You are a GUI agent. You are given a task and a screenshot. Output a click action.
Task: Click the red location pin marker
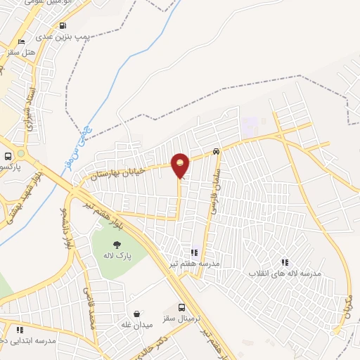point(180,165)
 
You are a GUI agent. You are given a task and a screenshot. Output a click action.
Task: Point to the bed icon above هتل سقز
point(25,41)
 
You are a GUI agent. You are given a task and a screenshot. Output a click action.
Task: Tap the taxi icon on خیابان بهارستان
point(216,151)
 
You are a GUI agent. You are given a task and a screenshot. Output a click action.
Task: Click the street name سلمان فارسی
point(214,191)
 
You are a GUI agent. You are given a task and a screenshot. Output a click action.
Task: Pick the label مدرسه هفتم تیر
point(193,262)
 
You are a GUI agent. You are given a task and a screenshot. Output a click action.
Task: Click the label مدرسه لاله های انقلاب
point(284,272)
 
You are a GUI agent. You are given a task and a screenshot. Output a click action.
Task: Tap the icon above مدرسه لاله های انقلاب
point(285,262)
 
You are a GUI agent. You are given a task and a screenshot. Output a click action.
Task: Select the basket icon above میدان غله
point(136,314)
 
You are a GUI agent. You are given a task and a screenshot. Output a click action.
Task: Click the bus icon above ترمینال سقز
point(182,307)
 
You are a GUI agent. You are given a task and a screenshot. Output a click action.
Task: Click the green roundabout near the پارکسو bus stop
point(21,153)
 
